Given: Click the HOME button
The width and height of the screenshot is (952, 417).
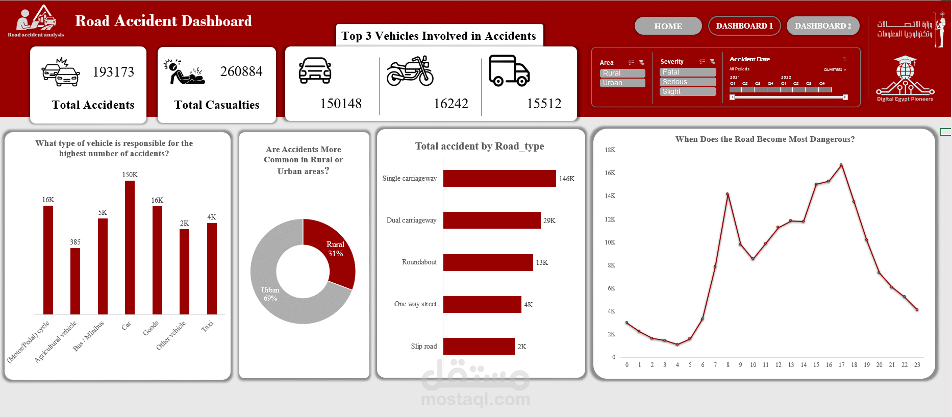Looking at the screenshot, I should click(x=668, y=26).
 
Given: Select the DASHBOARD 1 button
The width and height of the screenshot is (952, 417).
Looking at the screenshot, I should click(x=744, y=26).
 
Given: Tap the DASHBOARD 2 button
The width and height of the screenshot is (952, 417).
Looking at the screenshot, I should click(x=822, y=26).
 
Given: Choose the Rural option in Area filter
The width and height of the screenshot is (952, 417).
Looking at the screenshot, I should click(x=622, y=73).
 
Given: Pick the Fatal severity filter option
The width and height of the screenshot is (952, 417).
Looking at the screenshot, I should click(x=687, y=72).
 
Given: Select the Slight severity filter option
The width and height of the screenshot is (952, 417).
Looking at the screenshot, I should click(x=687, y=91).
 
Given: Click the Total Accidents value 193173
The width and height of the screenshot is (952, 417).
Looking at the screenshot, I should click(x=113, y=72).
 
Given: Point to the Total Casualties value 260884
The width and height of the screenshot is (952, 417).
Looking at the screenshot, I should click(x=241, y=71).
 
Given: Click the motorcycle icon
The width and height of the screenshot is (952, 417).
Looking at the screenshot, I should click(x=410, y=71).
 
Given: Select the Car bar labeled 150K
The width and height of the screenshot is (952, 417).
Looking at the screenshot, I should click(x=130, y=248).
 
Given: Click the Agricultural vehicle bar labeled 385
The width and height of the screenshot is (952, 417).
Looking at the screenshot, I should click(x=75, y=281).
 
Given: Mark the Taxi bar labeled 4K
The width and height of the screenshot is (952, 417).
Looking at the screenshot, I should click(x=212, y=268).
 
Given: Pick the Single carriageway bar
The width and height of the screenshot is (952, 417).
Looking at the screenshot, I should click(x=499, y=179).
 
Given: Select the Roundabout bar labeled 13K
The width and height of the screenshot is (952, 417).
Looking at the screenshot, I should click(x=488, y=262).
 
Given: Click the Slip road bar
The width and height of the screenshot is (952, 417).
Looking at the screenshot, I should click(x=479, y=346).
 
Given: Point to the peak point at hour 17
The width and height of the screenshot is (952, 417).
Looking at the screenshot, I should click(x=841, y=165).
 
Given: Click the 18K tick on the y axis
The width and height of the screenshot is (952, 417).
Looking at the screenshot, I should click(x=610, y=150).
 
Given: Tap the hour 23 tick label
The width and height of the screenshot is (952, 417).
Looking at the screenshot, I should click(x=917, y=365).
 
